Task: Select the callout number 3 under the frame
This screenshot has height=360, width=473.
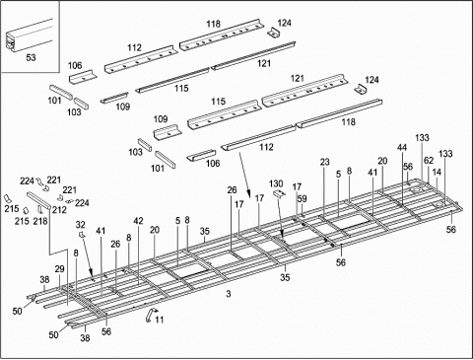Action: coord(228,295)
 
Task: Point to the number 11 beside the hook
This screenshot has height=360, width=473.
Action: coord(161,321)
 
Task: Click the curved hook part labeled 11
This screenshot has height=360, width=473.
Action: coord(149,314)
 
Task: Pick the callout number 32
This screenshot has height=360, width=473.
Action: coord(80,225)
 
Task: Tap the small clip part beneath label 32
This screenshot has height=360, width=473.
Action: coord(82,237)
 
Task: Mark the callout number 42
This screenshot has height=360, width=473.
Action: coord(139,221)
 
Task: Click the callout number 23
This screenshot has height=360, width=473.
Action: coord(324,161)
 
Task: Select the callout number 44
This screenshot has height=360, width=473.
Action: coord(401,147)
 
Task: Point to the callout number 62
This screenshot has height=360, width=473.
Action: coord(428,159)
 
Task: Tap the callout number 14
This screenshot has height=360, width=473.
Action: coord(438,172)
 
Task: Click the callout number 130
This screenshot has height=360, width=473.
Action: coord(276,183)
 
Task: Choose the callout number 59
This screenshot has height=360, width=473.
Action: coord(303,199)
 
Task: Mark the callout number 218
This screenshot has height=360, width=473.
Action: coord(40,221)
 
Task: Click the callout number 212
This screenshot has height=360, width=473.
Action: coord(60,208)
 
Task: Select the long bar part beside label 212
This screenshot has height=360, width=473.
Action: coord(44,201)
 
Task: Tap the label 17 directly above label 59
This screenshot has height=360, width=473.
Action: coord(296,186)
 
